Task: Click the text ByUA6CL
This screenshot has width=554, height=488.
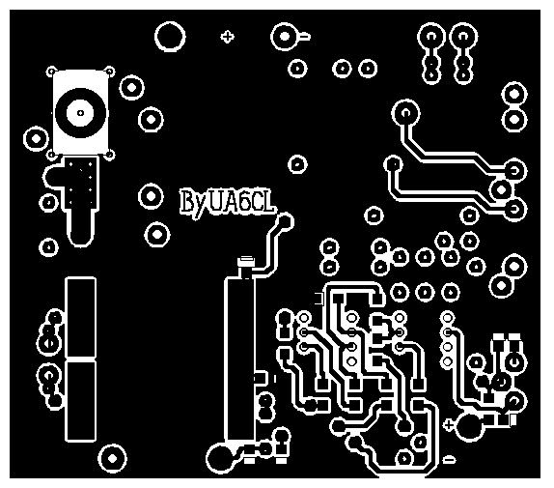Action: click(x=227, y=203)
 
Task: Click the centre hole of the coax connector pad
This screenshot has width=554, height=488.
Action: click(x=80, y=113)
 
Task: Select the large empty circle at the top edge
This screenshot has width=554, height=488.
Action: click(x=170, y=37)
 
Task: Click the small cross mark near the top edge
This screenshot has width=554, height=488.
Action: click(x=227, y=37)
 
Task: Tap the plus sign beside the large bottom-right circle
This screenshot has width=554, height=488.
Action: click(x=448, y=424)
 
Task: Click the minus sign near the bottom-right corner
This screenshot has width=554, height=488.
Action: click(x=449, y=459)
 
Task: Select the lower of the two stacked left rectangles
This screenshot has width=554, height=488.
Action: click(x=81, y=402)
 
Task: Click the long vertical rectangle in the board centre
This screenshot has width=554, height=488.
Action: click(x=239, y=359)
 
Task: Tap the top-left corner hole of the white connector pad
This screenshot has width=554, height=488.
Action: click(x=51, y=72)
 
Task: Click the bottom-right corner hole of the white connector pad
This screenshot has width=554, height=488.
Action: click(x=110, y=155)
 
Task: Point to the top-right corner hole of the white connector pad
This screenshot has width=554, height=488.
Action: click(x=110, y=72)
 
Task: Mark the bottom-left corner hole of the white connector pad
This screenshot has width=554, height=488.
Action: click(x=51, y=155)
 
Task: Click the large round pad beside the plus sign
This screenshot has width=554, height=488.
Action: click(x=470, y=427)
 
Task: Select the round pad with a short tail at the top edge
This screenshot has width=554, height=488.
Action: click(x=286, y=36)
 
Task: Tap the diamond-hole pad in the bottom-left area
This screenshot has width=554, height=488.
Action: click(x=112, y=458)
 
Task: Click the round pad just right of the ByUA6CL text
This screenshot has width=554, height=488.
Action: click(x=285, y=221)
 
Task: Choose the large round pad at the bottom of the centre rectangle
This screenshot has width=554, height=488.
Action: click(x=220, y=458)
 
